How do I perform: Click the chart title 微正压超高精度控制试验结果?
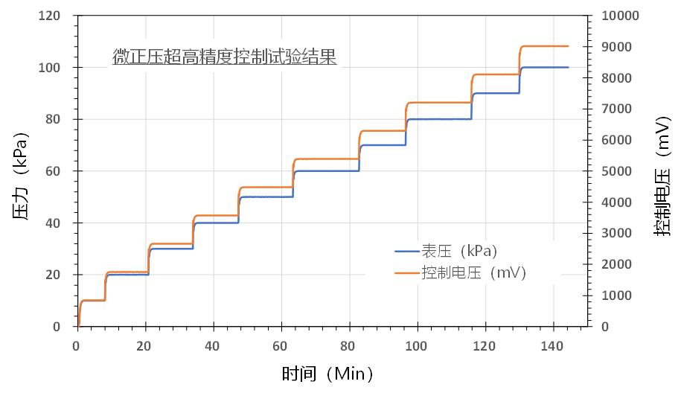point(224,57)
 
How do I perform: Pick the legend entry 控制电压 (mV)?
point(473,273)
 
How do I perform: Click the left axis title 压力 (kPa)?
point(21,176)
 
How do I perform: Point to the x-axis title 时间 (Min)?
point(327,373)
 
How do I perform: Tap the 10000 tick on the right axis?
point(615,16)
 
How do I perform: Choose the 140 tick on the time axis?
point(553,345)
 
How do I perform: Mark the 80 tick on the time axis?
point(349,345)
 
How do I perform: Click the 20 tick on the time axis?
point(144,345)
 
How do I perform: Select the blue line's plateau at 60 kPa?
point(327,171)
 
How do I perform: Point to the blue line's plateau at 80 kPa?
point(439,119)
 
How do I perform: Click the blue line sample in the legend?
point(407,251)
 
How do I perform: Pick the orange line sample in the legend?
point(407,274)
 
